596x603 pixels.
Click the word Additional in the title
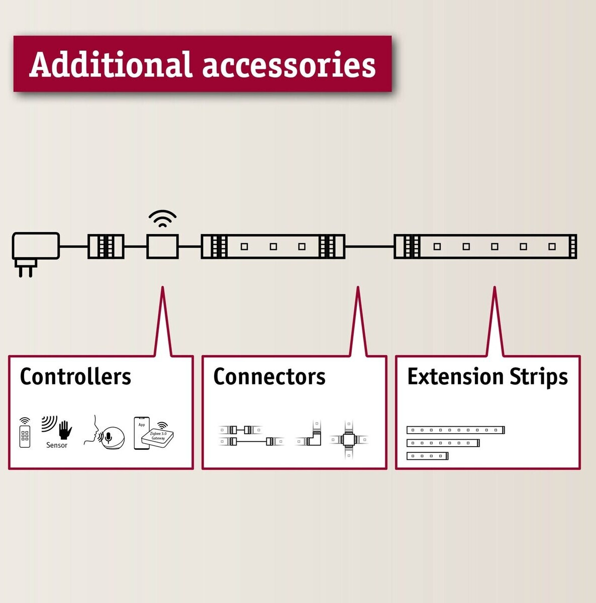110,65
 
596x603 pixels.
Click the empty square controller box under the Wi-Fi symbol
162,246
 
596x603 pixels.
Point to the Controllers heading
75,376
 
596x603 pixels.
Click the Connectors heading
269,376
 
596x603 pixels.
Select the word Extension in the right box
455,376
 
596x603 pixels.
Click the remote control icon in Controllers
25,433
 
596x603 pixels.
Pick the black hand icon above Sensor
64,430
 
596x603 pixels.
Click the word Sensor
57,445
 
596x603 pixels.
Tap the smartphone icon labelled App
141,433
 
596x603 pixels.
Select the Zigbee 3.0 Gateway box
158,436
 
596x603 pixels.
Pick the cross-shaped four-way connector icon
348,440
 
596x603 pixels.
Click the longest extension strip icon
455,430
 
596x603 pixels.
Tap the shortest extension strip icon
427,456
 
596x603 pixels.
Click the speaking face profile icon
91,431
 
